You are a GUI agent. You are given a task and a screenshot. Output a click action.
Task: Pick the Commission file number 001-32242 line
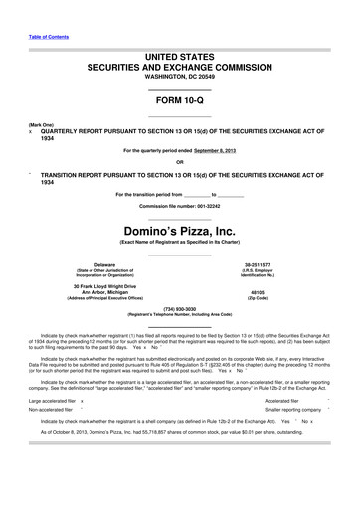(179, 206)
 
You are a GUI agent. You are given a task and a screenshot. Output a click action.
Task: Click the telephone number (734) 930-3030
(180, 308)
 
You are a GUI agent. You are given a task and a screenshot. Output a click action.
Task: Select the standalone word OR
(179, 162)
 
